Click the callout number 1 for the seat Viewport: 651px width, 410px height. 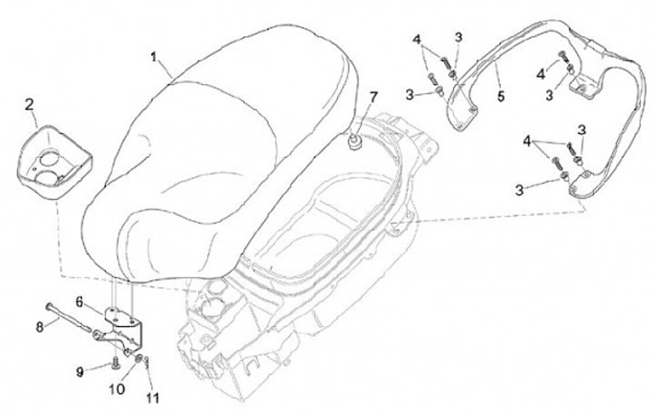(154, 56)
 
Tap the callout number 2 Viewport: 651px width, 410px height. (29, 105)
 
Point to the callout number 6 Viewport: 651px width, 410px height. (80, 301)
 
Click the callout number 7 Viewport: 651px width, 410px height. (371, 97)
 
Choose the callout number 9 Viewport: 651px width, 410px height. (80, 371)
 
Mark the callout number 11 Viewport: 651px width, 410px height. (151, 396)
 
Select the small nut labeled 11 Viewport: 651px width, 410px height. (147, 364)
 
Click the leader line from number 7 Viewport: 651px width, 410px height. (364, 116)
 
